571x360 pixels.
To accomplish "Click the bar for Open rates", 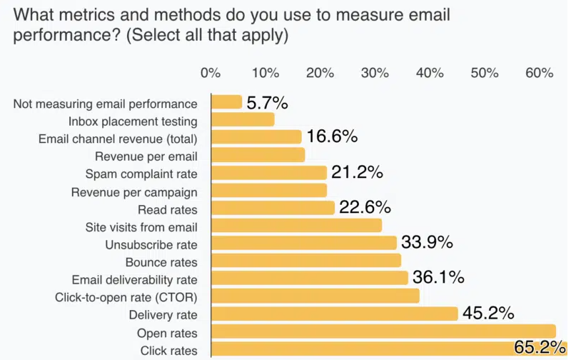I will click(383, 331).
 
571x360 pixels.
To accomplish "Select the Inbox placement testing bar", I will click(243, 120).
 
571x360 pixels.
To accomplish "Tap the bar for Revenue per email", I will click(258, 155).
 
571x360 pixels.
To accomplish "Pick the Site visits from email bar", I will click(297, 226).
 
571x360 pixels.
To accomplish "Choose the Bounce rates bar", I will click(306, 261).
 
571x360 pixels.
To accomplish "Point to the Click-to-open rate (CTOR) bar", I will click(315, 296).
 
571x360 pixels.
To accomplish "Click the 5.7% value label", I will click(267, 103).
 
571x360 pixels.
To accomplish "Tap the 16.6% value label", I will click(332, 137).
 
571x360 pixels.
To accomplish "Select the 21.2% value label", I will click(357, 172).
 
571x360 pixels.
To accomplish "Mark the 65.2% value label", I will click(540, 349).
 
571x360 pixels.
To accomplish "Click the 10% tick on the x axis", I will click(266, 73).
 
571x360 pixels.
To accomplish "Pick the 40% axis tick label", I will click(430, 73).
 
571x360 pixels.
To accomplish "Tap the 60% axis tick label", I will click(539, 73).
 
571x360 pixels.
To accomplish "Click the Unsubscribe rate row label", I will click(151, 244).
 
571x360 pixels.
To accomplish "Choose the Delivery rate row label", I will click(163, 315).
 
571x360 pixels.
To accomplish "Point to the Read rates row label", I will click(168, 209).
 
